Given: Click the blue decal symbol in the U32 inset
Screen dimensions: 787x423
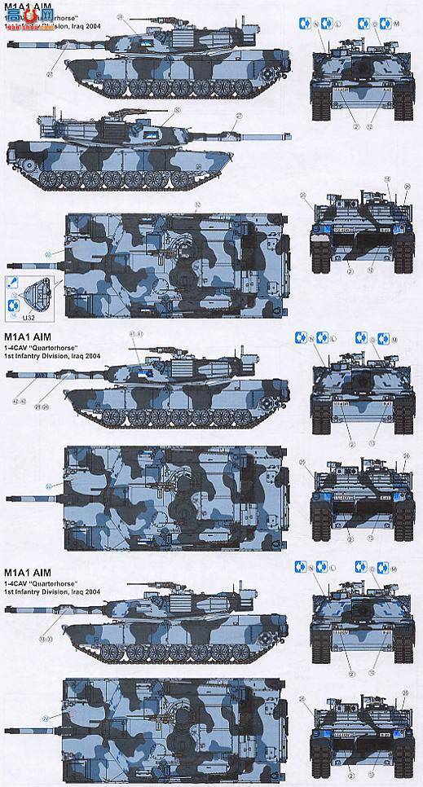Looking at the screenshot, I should (x=12, y=305).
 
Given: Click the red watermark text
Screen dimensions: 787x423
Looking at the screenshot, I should (x=28, y=22).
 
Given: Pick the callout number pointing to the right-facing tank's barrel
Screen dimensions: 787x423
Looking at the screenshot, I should (x=239, y=115).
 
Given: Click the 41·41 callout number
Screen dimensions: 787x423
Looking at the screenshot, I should (x=136, y=335).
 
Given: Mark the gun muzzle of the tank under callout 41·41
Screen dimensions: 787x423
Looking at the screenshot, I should (x=7, y=376).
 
